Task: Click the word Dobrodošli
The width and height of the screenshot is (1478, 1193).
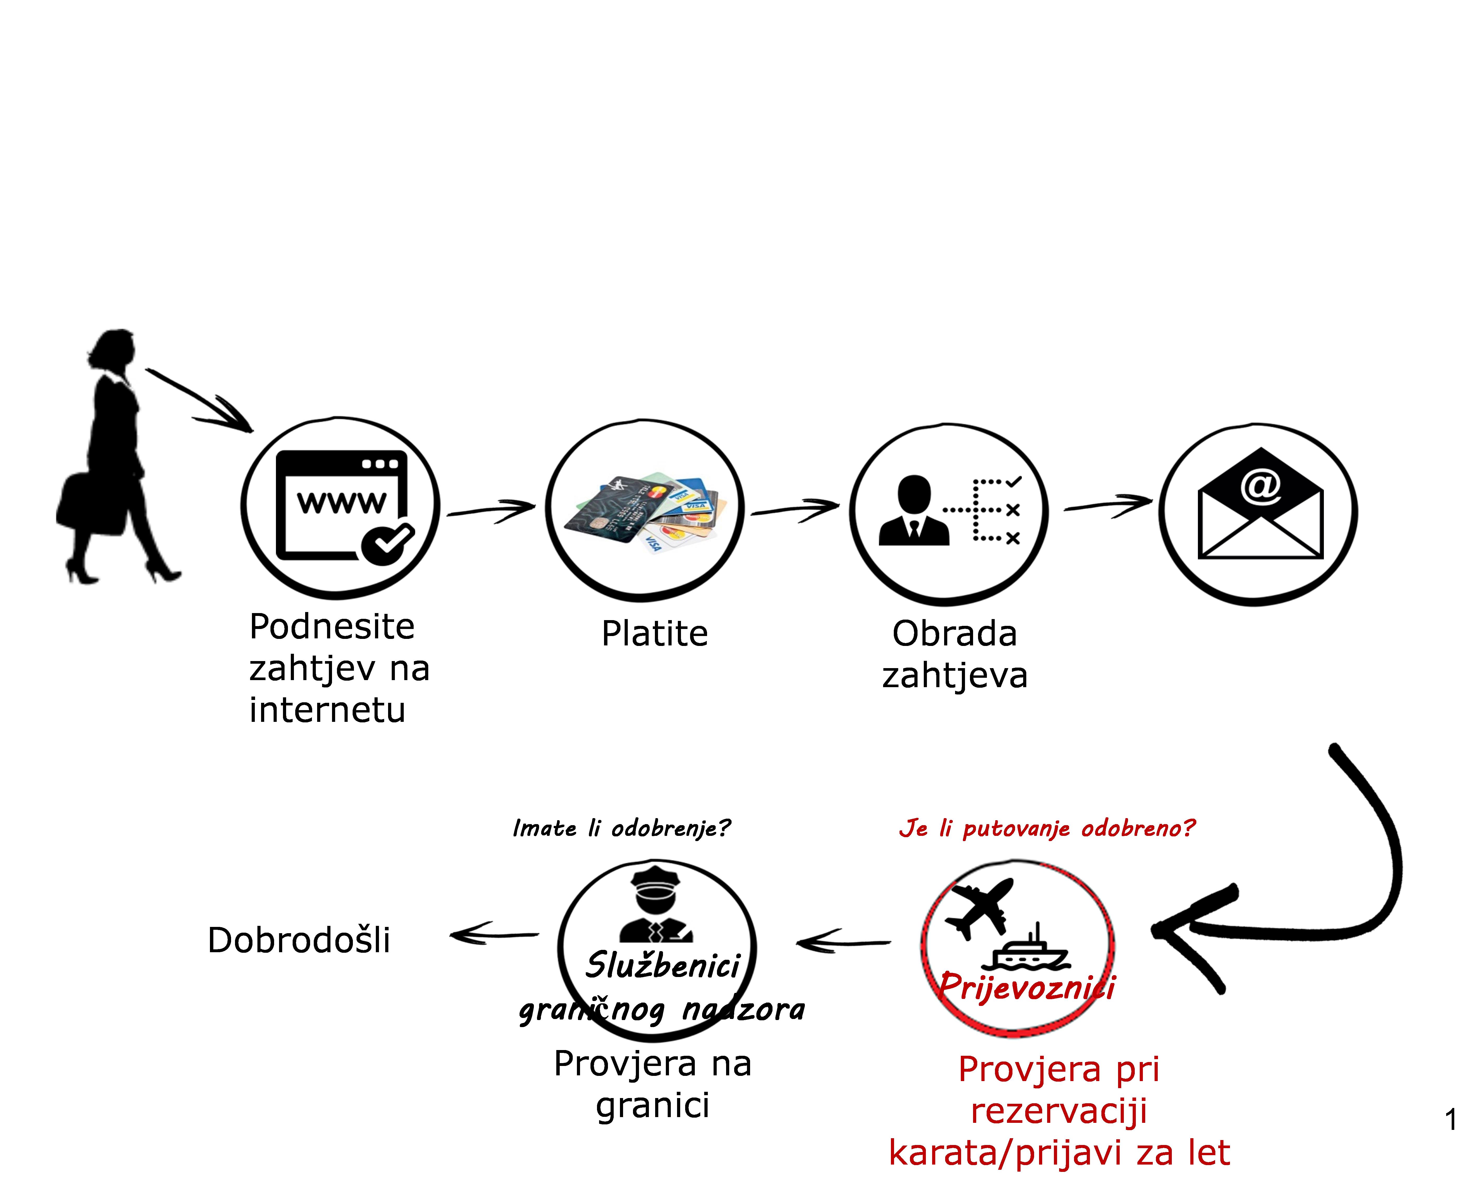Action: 299,940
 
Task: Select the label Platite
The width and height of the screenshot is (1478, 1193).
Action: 654,634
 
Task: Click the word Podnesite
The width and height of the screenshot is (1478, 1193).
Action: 332,627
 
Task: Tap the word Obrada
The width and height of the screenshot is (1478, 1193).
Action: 954,634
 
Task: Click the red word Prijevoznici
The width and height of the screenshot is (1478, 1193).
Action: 1027,987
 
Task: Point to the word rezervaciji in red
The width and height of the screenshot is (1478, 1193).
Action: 1059,1111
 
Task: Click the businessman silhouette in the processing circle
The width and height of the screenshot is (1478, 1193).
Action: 914,512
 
